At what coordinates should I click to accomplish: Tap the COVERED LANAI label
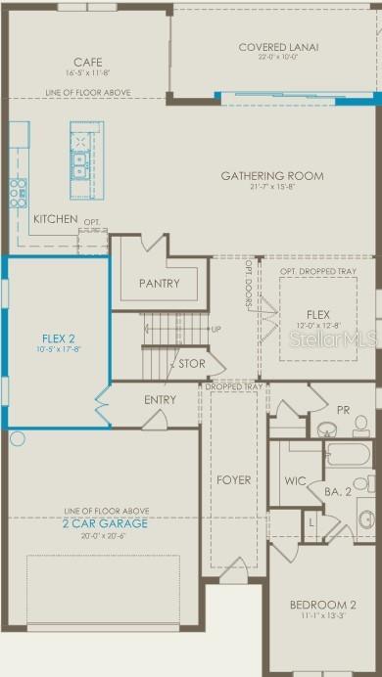(279, 46)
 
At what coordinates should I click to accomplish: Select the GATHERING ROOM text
(271, 176)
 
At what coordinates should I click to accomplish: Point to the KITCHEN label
(55, 219)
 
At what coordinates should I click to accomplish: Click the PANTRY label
(159, 284)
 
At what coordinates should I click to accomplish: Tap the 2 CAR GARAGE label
(106, 524)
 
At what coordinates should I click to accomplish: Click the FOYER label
(233, 480)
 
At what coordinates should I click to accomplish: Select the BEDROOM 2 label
(321, 605)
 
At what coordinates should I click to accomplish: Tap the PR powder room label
(343, 410)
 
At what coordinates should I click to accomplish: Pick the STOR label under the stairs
(191, 364)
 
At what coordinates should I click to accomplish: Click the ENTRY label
(160, 399)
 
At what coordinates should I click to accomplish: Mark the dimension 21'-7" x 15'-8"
(271, 188)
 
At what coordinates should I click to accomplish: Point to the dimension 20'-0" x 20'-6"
(106, 536)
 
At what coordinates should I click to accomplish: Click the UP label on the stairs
(215, 329)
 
